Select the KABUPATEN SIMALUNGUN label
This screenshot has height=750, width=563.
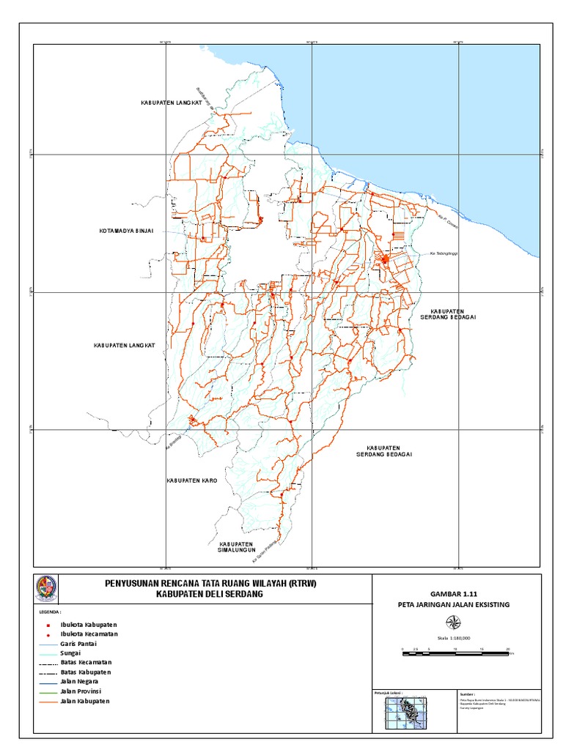[236, 548]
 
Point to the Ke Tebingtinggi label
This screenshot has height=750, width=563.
[446, 254]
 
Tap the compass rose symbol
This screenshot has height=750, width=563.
[455, 623]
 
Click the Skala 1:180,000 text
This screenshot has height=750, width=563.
[455, 638]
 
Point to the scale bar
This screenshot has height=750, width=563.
[455, 650]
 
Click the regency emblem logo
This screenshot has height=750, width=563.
[46, 588]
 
